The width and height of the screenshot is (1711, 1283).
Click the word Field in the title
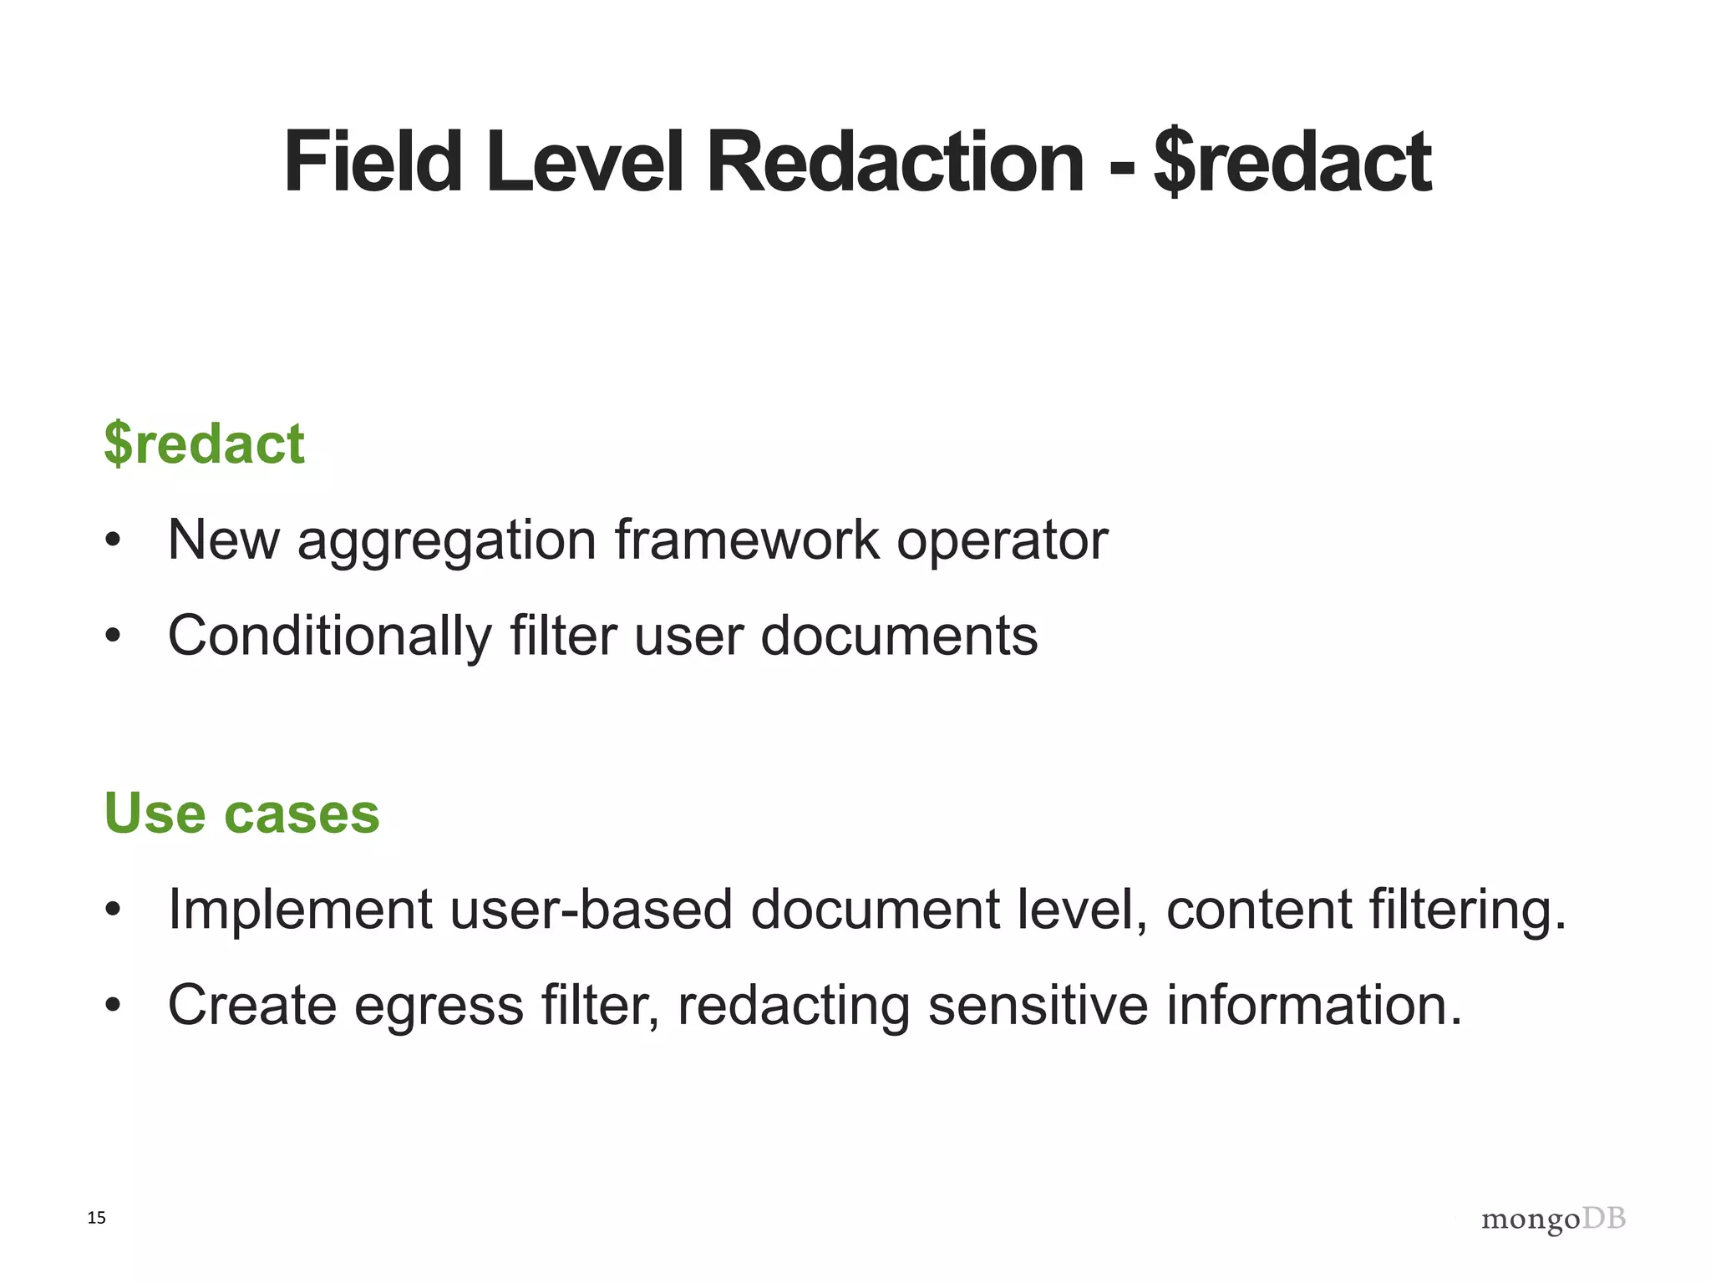coord(373,162)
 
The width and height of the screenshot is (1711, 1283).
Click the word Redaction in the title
coord(895,162)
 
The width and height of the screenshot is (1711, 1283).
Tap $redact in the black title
coord(1292,162)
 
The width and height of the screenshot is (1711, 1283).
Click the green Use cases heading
coord(241,813)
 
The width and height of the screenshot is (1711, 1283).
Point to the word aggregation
coord(447,540)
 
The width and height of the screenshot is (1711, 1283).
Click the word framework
coord(747,540)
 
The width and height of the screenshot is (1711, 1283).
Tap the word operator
coord(1002,540)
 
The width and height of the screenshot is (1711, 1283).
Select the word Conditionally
coord(330,636)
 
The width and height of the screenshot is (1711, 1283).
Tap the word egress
coord(439,1006)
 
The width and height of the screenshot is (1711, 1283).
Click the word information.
coord(1314,1005)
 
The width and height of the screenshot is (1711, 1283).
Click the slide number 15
coord(97,1218)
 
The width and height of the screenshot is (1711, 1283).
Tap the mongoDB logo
coord(1553,1220)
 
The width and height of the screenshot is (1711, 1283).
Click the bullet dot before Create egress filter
coord(113,1006)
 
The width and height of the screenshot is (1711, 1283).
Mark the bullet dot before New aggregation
coord(113,541)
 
